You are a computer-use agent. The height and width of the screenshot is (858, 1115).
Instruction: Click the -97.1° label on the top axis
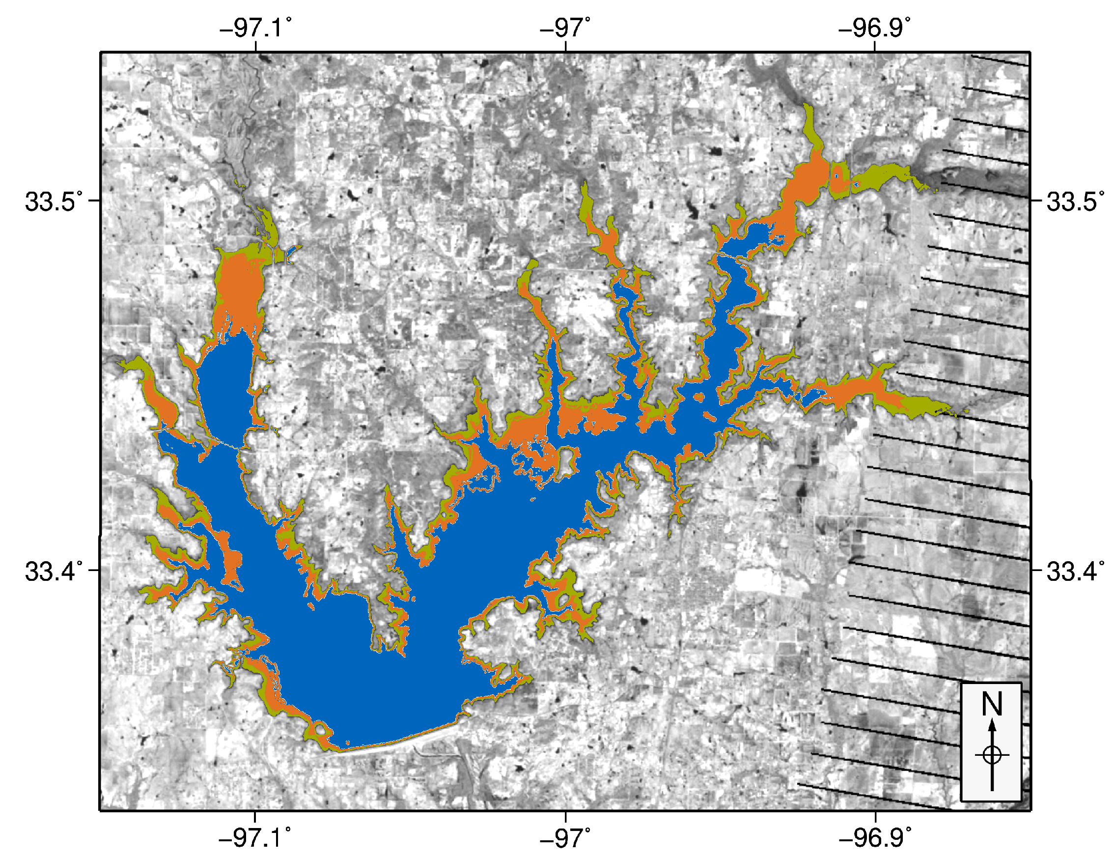256,28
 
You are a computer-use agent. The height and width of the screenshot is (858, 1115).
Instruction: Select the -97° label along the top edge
565,28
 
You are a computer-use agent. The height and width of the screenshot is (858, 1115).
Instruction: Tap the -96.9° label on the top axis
874,28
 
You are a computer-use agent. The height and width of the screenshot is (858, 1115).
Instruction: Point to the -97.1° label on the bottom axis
256,838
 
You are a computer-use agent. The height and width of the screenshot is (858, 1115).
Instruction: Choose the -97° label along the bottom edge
565,838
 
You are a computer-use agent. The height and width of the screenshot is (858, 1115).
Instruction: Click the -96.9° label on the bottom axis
874,838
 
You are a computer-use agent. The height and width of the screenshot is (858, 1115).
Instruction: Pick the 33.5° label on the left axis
54,202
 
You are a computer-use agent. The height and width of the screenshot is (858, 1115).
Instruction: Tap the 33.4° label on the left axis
54,571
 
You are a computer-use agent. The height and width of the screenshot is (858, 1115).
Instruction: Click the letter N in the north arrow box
992,704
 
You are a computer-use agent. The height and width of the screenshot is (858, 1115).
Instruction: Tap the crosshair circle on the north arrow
992,755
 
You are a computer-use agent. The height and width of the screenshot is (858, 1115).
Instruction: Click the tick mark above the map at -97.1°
256,47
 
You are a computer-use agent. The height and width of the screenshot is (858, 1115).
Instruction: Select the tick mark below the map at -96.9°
875,816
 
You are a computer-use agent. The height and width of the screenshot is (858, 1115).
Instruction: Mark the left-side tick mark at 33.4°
94,570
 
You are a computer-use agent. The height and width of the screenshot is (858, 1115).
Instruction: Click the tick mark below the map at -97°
566,816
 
